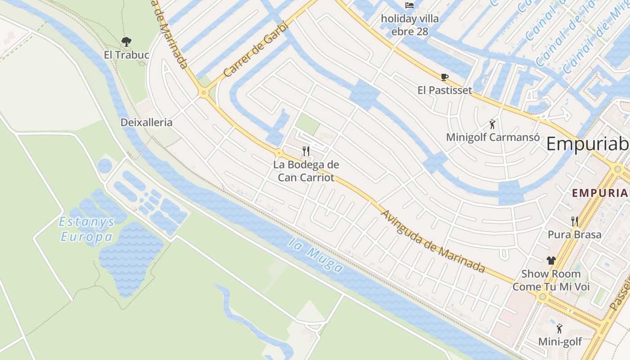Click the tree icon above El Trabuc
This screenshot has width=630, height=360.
click(x=126, y=42)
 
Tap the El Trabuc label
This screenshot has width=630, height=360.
click(x=126, y=55)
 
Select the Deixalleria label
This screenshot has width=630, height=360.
click(x=146, y=122)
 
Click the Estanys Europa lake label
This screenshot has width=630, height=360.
click(x=87, y=229)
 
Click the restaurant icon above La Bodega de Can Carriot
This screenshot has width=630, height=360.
click(x=306, y=151)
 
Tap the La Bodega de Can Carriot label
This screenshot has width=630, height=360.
click(x=306, y=171)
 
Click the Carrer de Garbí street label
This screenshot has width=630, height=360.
click(x=255, y=49)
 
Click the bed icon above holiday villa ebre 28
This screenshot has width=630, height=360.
click(x=409, y=5)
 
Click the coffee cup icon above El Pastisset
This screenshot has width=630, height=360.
click(x=445, y=77)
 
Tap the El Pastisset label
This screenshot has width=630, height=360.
click(x=445, y=90)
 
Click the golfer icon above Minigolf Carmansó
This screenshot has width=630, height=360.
click(x=492, y=124)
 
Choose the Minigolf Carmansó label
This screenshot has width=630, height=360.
click(x=492, y=137)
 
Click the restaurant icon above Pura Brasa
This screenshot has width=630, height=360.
click(x=575, y=221)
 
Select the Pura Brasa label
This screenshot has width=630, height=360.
click(x=575, y=234)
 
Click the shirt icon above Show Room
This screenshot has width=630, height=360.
click(x=551, y=260)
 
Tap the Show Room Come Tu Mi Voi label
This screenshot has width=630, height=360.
click(x=551, y=280)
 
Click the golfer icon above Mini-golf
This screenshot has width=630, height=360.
click(x=560, y=328)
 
